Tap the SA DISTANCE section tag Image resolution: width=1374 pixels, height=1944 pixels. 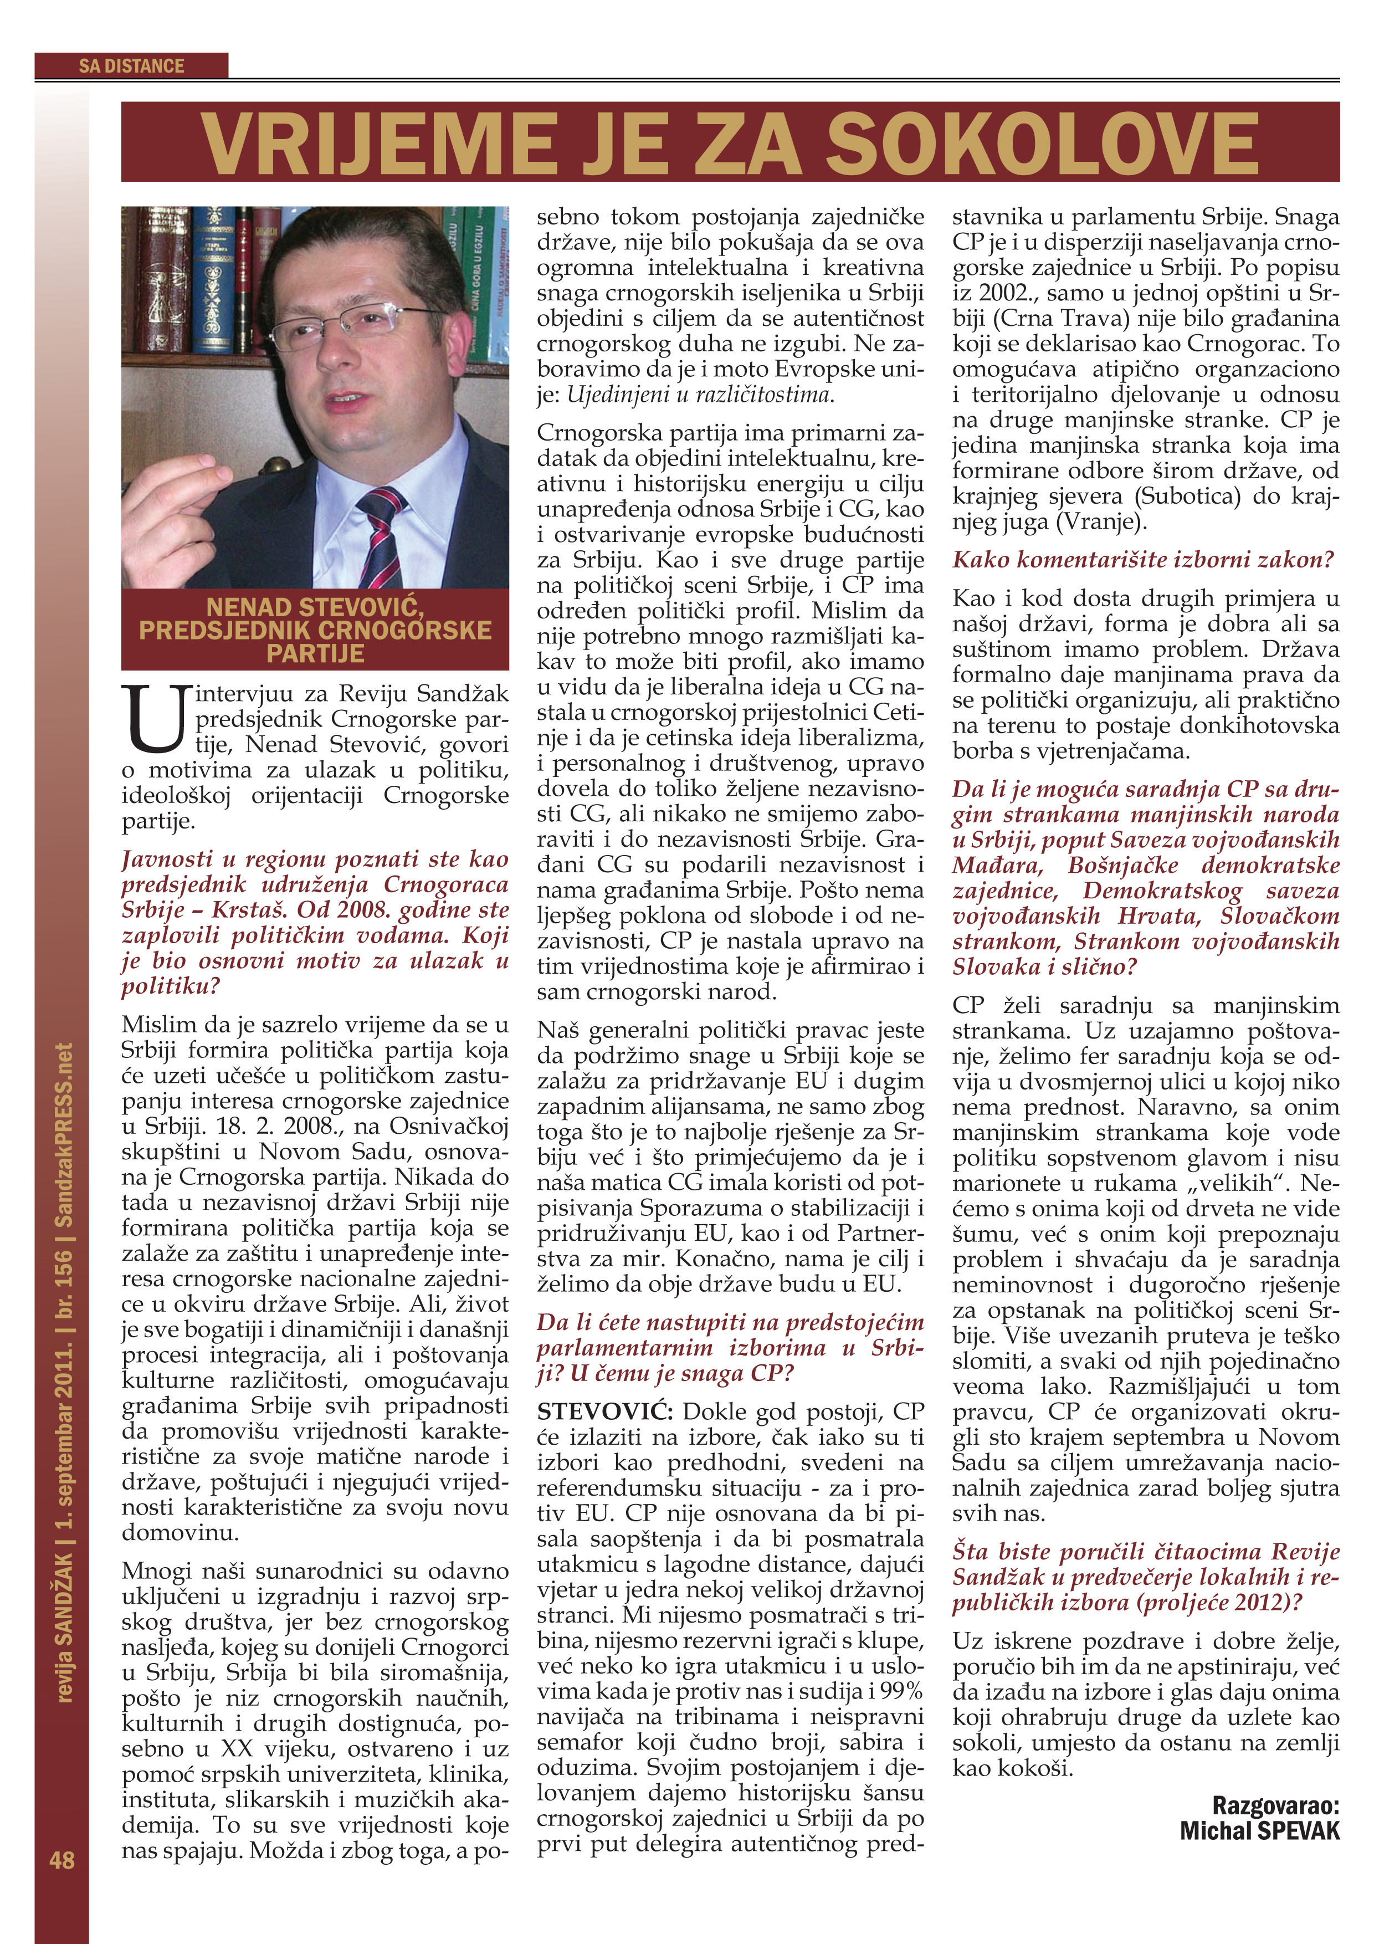(131, 66)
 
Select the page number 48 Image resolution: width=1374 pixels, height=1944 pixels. (62, 1860)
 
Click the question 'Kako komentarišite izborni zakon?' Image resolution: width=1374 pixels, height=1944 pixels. (1143, 560)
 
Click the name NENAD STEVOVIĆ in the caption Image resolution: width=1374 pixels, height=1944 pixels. (315, 607)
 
